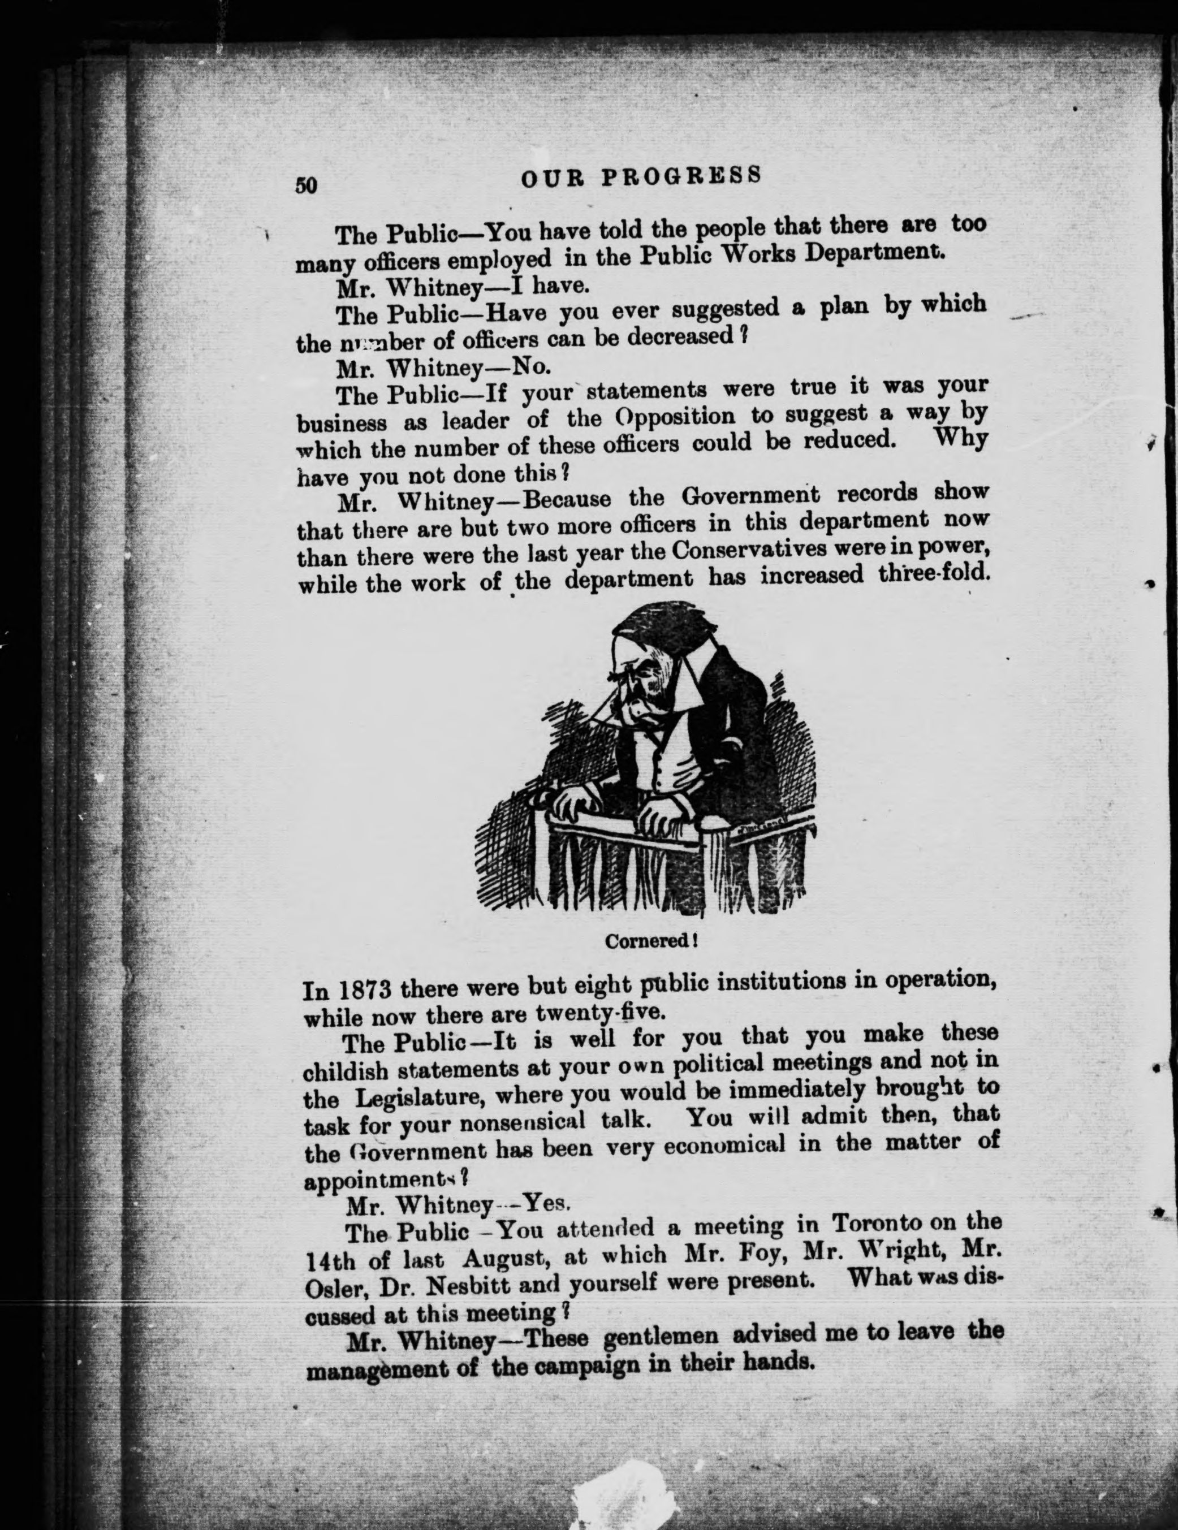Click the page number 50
[307, 184]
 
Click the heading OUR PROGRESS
[641, 176]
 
